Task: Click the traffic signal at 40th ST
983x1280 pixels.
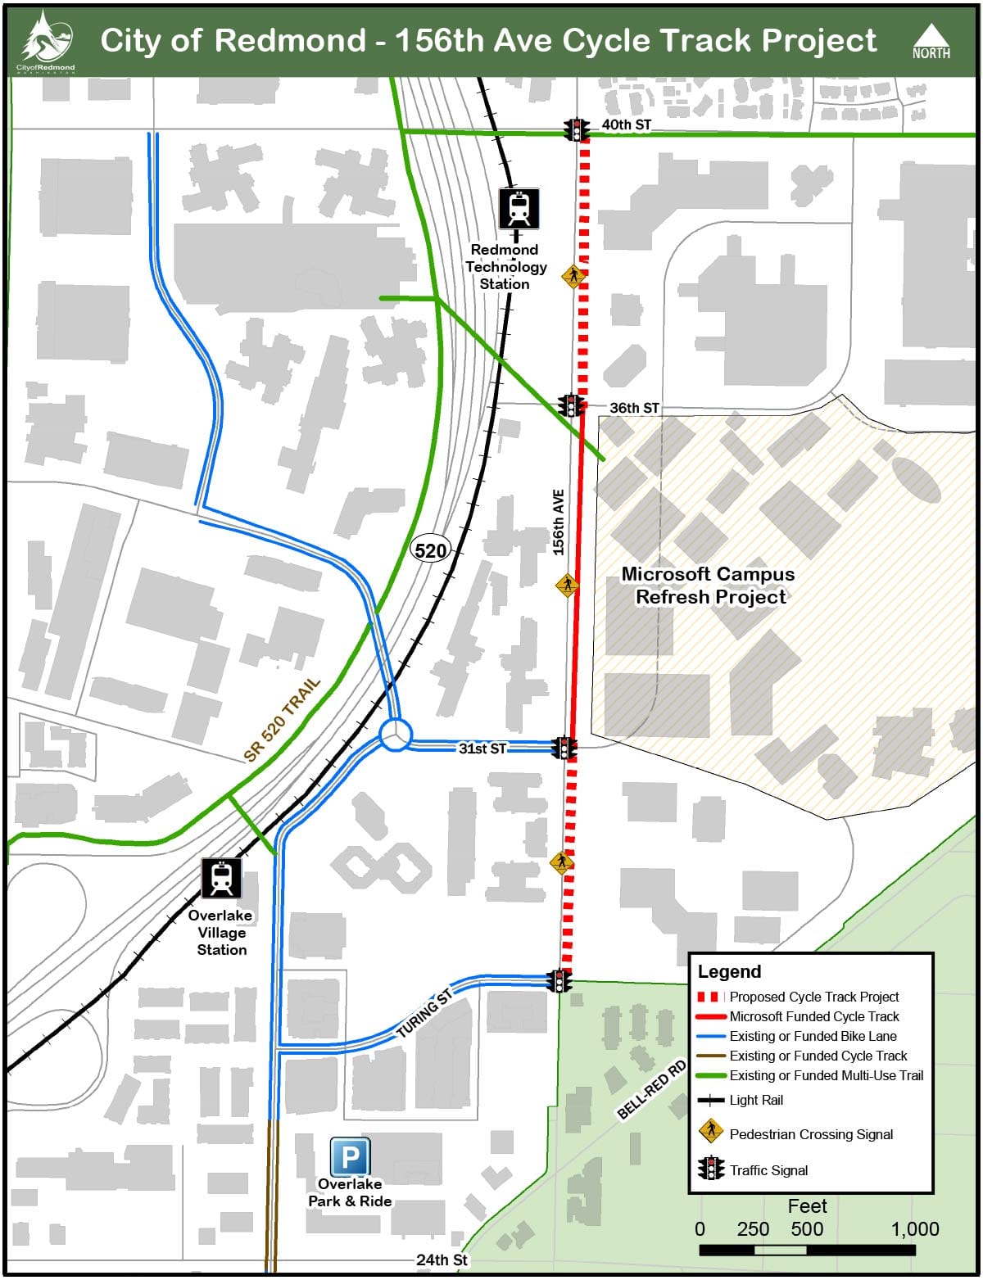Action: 577,129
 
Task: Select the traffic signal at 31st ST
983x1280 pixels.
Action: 564,747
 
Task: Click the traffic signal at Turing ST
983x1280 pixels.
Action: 560,981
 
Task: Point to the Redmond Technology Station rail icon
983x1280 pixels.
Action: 519,209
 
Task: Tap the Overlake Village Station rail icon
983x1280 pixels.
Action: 221,878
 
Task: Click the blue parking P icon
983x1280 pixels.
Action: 350,1157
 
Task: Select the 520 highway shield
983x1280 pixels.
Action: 431,550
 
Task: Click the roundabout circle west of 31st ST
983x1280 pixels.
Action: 395,733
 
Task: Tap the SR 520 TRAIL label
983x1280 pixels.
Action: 282,721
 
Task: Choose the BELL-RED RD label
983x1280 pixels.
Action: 652,1090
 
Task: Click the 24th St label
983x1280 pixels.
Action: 442,1260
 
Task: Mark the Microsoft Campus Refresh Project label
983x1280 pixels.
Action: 709,585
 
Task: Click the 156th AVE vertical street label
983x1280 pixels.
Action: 559,522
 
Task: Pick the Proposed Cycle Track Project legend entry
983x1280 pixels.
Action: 813,997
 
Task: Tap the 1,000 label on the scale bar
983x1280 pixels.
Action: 914,1228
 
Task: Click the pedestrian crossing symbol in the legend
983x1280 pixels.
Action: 710,1132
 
